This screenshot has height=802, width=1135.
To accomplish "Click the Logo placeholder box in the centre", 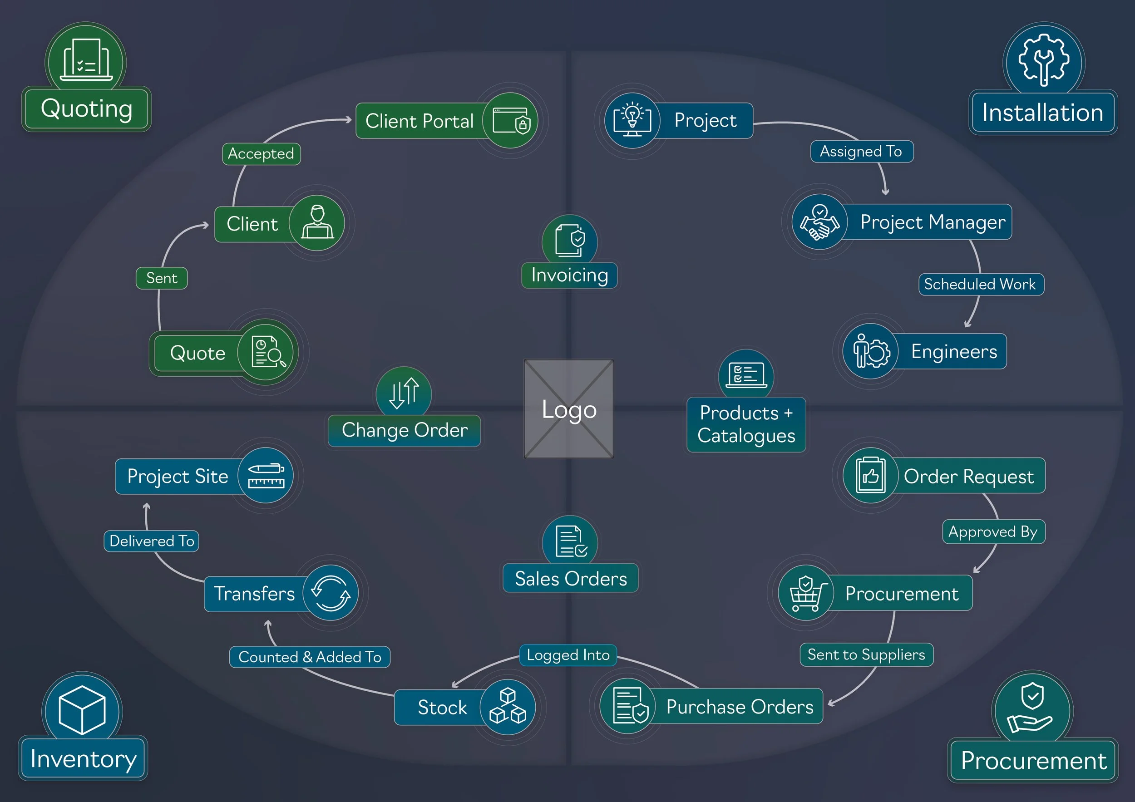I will tap(568, 408).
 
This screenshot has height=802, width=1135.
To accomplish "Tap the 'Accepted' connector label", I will tap(261, 154).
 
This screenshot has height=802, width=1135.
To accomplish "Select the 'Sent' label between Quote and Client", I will tap(162, 278).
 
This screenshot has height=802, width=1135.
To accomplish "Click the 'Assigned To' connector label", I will tap(861, 151).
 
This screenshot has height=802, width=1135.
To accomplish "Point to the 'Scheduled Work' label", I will tap(980, 284).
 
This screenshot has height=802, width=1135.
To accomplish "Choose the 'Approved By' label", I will tap(993, 531).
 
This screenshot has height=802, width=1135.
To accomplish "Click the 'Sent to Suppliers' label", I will tap(866, 655).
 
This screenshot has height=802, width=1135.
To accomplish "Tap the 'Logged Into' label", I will tap(568, 655).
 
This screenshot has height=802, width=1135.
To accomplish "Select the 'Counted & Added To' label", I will tap(310, 657).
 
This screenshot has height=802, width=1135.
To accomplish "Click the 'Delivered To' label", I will tap(152, 541).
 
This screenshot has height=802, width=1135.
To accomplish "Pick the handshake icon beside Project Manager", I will tap(819, 222).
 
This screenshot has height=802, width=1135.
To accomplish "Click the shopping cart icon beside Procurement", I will tap(806, 593).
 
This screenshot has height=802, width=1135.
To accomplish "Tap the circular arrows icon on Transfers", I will tap(331, 593).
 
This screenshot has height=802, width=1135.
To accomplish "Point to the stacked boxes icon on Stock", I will tap(508, 707).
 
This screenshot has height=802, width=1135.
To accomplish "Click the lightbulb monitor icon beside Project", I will tap(632, 121).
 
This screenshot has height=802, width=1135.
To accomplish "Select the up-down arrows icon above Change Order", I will tap(404, 394).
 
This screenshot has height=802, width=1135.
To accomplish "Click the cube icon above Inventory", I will tap(82, 710).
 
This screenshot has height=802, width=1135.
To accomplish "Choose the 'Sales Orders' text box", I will tap(571, 578).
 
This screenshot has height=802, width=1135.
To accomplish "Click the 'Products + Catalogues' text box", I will tap(746, 424).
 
